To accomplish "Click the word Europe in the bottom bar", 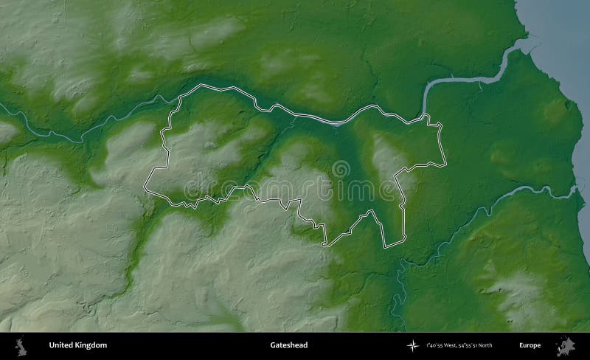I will pyautogui.click(x=529, y=345).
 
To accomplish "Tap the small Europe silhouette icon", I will pyautogui.click(x=568, y=345).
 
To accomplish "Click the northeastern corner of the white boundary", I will pyautogui.click(x=440, y=122).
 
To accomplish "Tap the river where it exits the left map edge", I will pyautogui.click(x=3, y=108).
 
